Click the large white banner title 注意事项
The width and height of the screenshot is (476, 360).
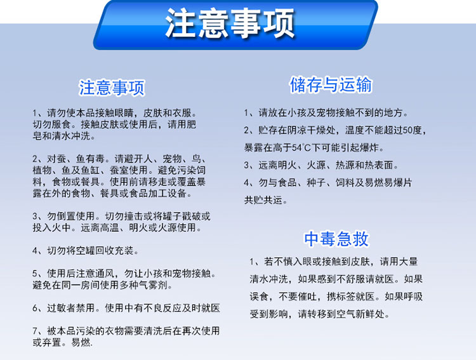pos(230,23)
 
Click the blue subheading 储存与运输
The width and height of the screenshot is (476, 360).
pos(331,84)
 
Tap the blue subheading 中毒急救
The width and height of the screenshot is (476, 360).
pos(336,239)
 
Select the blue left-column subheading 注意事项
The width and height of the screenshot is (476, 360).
pos(112,88)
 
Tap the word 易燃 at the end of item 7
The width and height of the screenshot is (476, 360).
pos(81,342)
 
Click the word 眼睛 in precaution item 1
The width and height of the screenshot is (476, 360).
pos(124,113)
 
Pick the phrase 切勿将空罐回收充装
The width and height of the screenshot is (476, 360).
pos(91,251)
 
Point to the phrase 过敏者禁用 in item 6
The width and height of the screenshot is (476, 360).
pos(71,308)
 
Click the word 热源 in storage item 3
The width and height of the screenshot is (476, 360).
pos(345,165)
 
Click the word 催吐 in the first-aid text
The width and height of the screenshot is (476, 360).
pos(307,297)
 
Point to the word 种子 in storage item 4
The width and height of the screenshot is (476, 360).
pos(316,183)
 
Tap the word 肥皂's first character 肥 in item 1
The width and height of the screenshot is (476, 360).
pos(191,124)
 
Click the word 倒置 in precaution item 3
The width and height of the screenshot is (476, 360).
pos(66,217)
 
